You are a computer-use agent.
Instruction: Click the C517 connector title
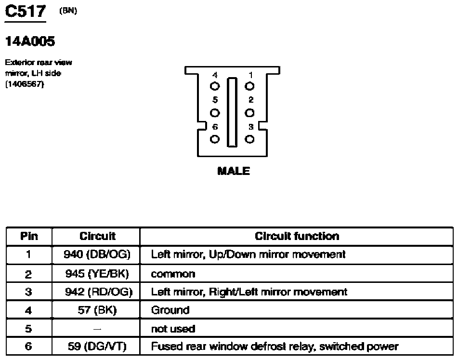[26, 12]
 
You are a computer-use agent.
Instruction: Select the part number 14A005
[30, 41]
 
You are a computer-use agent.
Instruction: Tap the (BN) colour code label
[68, 11]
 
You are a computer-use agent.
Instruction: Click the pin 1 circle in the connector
[249, 86]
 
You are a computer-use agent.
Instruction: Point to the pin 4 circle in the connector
[215, 86]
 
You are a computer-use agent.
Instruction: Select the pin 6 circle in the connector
[215, 139]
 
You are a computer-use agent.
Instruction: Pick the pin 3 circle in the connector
[249, 139]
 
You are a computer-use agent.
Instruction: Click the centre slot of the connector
[232, 112]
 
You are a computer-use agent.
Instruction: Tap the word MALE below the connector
[234, 171]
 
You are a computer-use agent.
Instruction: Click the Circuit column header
[98, 236]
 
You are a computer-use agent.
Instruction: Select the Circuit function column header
[297, 236]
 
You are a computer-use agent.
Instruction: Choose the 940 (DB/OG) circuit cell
[97, 254]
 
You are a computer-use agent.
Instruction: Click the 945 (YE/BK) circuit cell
[97, 274]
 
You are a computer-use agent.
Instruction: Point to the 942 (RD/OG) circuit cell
[98, 292]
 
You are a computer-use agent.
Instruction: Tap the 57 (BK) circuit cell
[97, 310]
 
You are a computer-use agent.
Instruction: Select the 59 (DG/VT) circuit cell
[97, 347]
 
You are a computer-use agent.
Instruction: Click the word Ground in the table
[170, 310]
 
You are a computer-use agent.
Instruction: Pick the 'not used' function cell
[173, 329]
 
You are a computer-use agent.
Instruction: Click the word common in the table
[173, 274]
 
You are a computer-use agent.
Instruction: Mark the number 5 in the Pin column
[28, 329]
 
